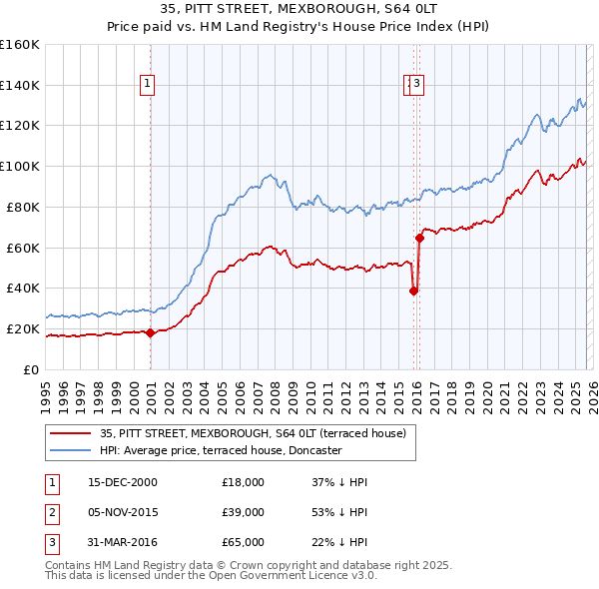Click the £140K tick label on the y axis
click(20, 86)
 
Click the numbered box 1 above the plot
click(147, 84)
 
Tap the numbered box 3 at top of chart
click(417, 84)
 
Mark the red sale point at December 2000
click(151, 333)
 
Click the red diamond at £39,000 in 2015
click(413, 291)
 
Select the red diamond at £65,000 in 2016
click(420, 238)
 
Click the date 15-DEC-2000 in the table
click(123, 482)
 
